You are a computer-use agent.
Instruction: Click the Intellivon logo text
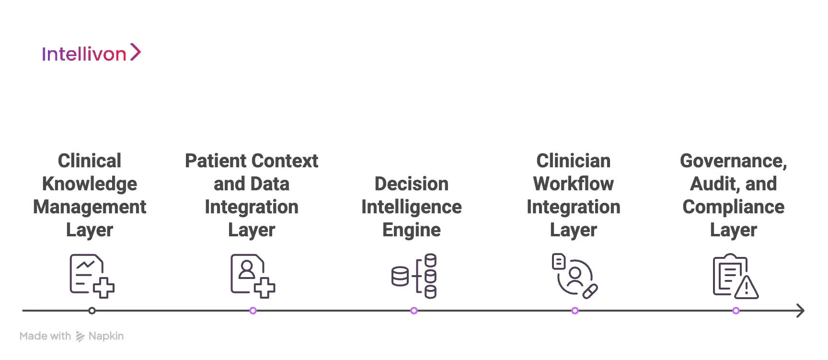click(x=84, y=54)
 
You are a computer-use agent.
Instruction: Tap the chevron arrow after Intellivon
click(x=136, y=52)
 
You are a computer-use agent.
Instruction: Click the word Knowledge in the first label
click(x=90, y=184)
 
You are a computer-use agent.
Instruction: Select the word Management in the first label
click(x=90, y=207)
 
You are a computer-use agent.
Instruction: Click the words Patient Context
click(x=252, y=161)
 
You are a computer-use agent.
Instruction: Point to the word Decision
click(x=412, y=184)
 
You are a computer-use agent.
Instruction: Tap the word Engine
click(x=412, y=230)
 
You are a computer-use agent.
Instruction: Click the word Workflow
click(x=573, y=184)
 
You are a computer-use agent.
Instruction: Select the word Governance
click(x=733, y=161)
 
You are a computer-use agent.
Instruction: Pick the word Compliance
click(x=734, y=207)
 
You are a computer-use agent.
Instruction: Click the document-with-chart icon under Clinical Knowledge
click(x=91, y=276)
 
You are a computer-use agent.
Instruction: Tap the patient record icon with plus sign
click(x=252, y=276)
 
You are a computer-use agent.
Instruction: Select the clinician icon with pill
click(x=575, y=276)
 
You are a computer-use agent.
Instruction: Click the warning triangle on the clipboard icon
click(x=747, y=288)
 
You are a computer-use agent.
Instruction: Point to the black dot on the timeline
click(x=92, y=311)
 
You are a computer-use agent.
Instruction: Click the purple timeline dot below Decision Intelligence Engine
click(x=414, y=311)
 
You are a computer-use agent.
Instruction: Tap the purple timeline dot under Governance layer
click(x=736, y=311)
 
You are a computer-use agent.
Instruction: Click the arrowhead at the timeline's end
click(x=800, y=311)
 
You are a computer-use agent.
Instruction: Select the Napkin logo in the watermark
click(x=80, y=337)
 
